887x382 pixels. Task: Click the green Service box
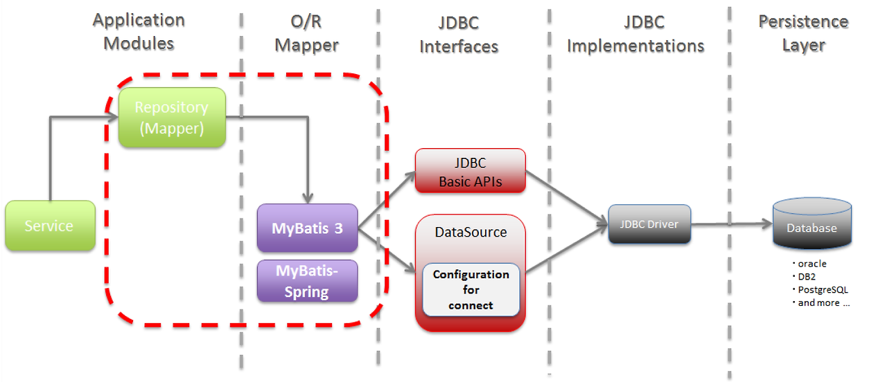[51, 226]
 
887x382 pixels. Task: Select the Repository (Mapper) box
[172, 118]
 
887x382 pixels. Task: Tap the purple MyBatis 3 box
[307, 228]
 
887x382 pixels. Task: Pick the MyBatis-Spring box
[307, 281]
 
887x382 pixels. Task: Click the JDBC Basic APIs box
[471, 171]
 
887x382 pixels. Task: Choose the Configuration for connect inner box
[471, 290]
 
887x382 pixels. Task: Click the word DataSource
[471, 232]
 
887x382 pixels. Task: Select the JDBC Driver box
[649, 224]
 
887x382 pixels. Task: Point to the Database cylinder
[812, 224]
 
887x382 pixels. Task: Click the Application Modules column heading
[139, 32]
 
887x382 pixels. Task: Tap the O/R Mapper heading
[306, 34]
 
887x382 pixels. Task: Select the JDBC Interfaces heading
[459, 35]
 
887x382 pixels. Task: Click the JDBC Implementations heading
[635, 34]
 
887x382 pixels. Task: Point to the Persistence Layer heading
[803, 33]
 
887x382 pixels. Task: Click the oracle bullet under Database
[809, 264]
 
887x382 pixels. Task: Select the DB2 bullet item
[804, 277]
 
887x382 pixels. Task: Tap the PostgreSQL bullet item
[820, 290]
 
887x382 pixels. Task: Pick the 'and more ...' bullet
[821, 303]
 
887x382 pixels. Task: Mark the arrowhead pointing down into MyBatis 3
[308, 198]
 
